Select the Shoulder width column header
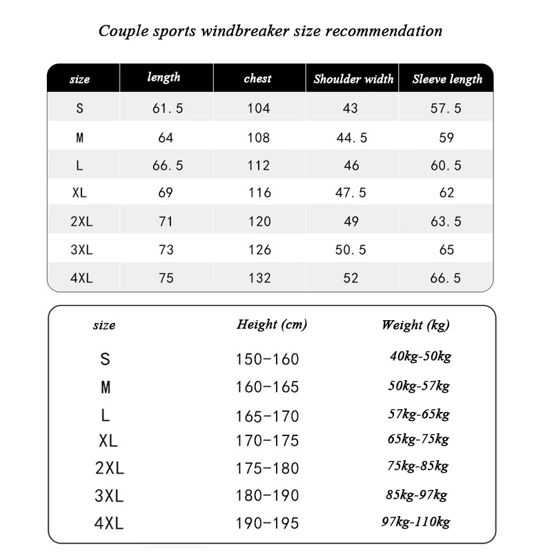coord(353,79)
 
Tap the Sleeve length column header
coord(447,79)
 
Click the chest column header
coord(258,79)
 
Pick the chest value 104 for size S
coord(259,108)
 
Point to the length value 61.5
coord(166,108)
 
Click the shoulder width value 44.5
coord(351,137)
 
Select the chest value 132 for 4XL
coord(259,278)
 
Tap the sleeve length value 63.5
coord(446,221)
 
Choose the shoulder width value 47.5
coord(351,193)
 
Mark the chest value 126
coord(259,250)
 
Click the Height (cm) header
coord(272,324)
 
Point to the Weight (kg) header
coord(415,325)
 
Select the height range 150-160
coord(267,359)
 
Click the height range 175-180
coord(267,469)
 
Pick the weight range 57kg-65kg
coord(419,414)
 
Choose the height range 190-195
coord(267,523)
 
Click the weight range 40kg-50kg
coord(420,357)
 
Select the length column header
coord(164,77)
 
